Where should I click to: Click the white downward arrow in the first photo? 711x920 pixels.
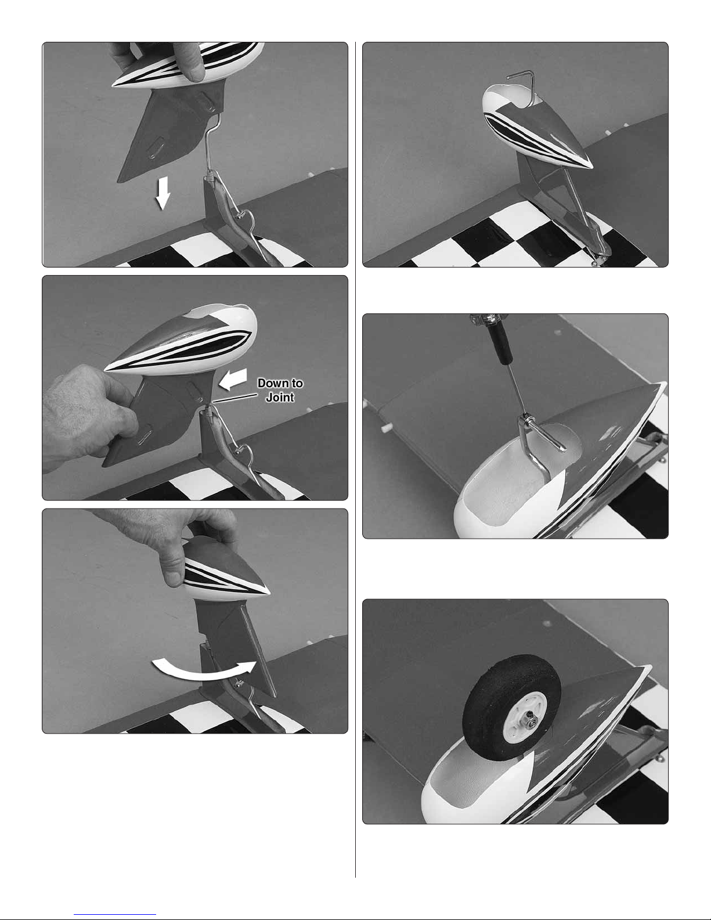[x=163, y=193]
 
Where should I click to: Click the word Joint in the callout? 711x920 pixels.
[x=280, y=397]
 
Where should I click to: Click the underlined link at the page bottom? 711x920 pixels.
[x=114, y=914]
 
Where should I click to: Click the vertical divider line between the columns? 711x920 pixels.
[x=355, y=459]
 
